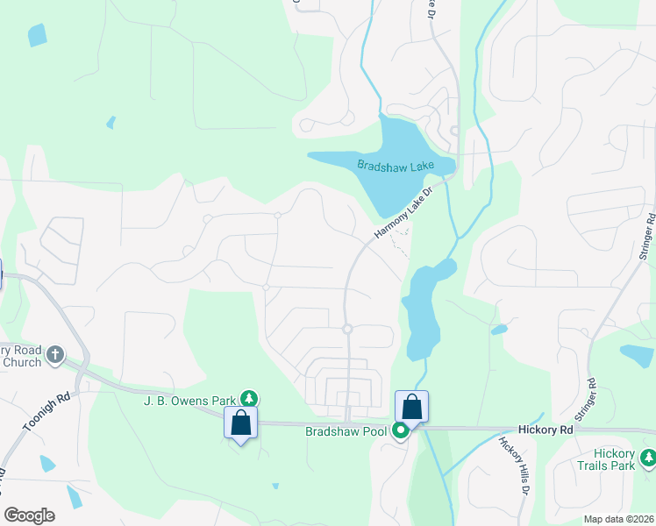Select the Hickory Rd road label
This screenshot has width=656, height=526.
pos(544,430)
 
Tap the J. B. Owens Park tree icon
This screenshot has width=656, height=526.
pos(250,399)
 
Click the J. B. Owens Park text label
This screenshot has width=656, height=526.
pos(191,401)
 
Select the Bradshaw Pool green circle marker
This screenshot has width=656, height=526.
pos(401,430)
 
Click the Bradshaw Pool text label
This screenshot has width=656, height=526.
pos(346,431)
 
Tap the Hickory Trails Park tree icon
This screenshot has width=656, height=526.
pos(648,457)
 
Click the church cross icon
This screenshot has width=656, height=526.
pos(55,355)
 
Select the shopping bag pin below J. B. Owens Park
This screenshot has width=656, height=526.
pos(241,423)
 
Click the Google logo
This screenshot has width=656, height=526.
pos(29,515)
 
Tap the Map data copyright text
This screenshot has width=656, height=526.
pos(619,519)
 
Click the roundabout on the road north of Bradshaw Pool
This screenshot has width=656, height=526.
pos(347,329)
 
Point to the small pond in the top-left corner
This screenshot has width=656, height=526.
pos(37,34)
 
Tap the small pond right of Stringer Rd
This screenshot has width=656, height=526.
pos(637,354)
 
